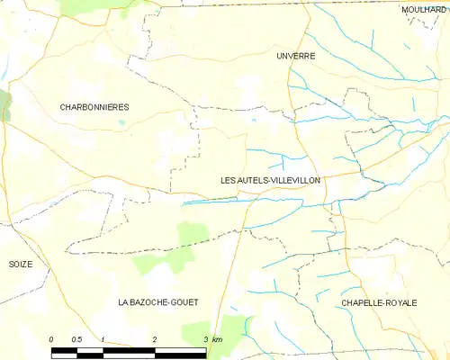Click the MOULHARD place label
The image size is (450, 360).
tap(426, 9)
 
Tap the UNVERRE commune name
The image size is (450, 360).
tap(295, 56)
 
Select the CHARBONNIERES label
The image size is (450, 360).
tap(94, 107)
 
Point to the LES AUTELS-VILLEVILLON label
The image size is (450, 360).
tap(270, 180)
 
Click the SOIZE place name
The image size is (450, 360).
tap(20, 265)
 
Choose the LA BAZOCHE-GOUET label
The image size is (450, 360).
tap(157, 302)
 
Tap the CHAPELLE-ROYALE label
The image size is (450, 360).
tap(379, 303)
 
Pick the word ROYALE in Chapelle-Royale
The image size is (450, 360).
tap(401, 303)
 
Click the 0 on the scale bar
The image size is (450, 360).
tap(51, 337)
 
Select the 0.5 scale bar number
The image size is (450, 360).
tap(76, 337)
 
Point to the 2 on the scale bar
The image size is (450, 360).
tap(155, 337)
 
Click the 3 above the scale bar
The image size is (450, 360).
tap(206, 337)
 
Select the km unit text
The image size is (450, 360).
tap(218, 337)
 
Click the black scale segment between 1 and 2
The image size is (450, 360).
tap(129, 346)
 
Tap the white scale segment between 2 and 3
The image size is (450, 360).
tap(181, 346)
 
